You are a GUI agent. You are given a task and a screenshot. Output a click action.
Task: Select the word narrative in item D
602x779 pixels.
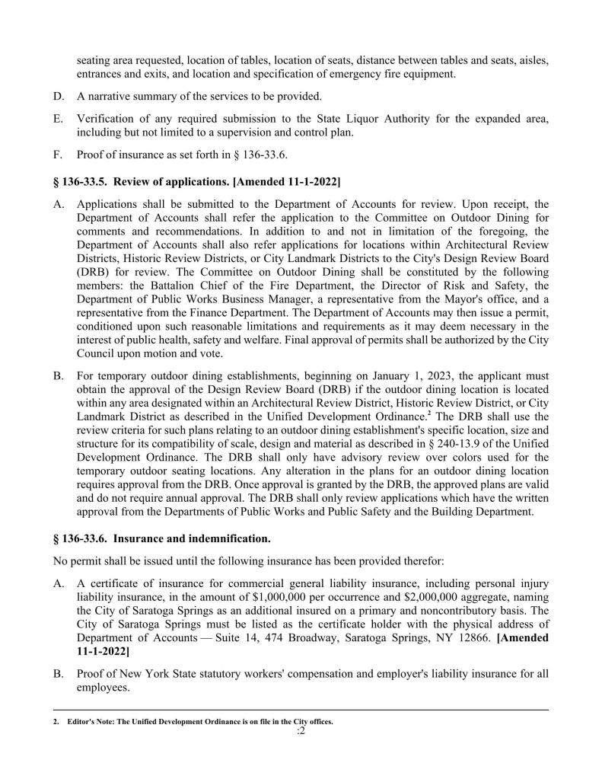pyautogui.click(x=110, y=96)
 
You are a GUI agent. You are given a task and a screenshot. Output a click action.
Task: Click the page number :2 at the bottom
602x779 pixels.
pyautogui.click(x=301, y=733)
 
